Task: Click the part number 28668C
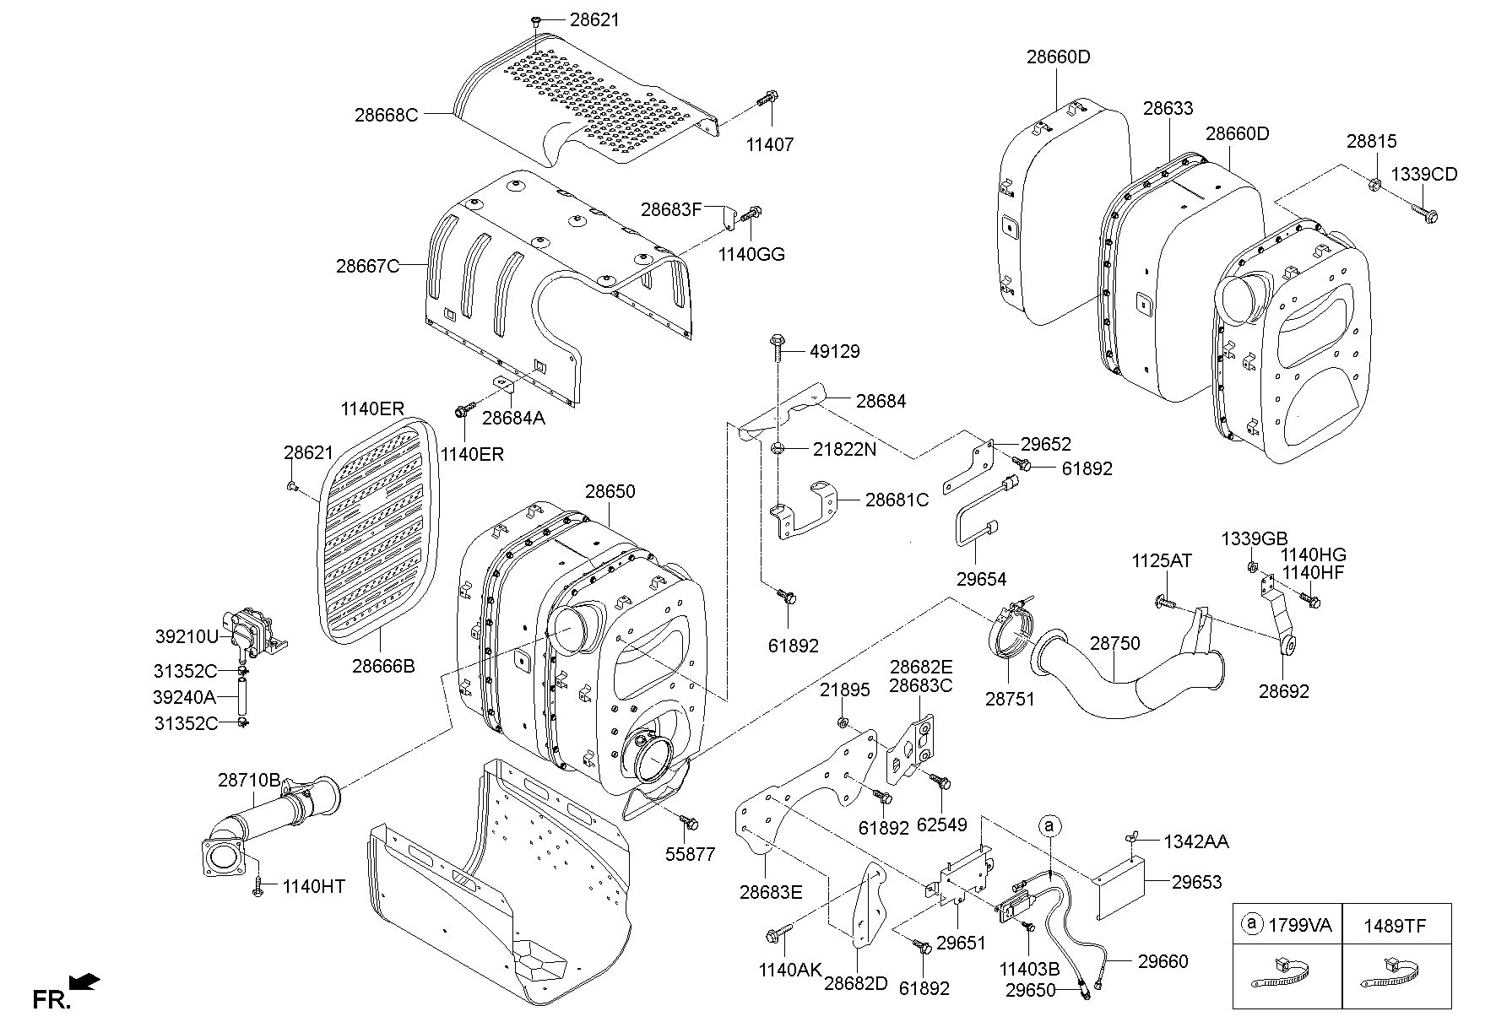click(386, 115)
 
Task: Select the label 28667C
click(367, 266)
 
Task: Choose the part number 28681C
click(897, 500)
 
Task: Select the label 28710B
click(249, 781)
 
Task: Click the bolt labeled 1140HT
click(258, 886)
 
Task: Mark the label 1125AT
click(1162, 561)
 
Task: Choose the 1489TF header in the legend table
click(1394, 926)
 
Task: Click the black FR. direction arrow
click(84, 982)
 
